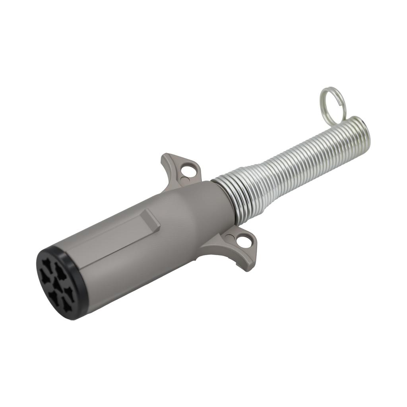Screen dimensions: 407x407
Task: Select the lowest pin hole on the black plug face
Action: (67, 304)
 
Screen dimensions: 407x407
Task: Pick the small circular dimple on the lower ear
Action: (230, 238)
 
